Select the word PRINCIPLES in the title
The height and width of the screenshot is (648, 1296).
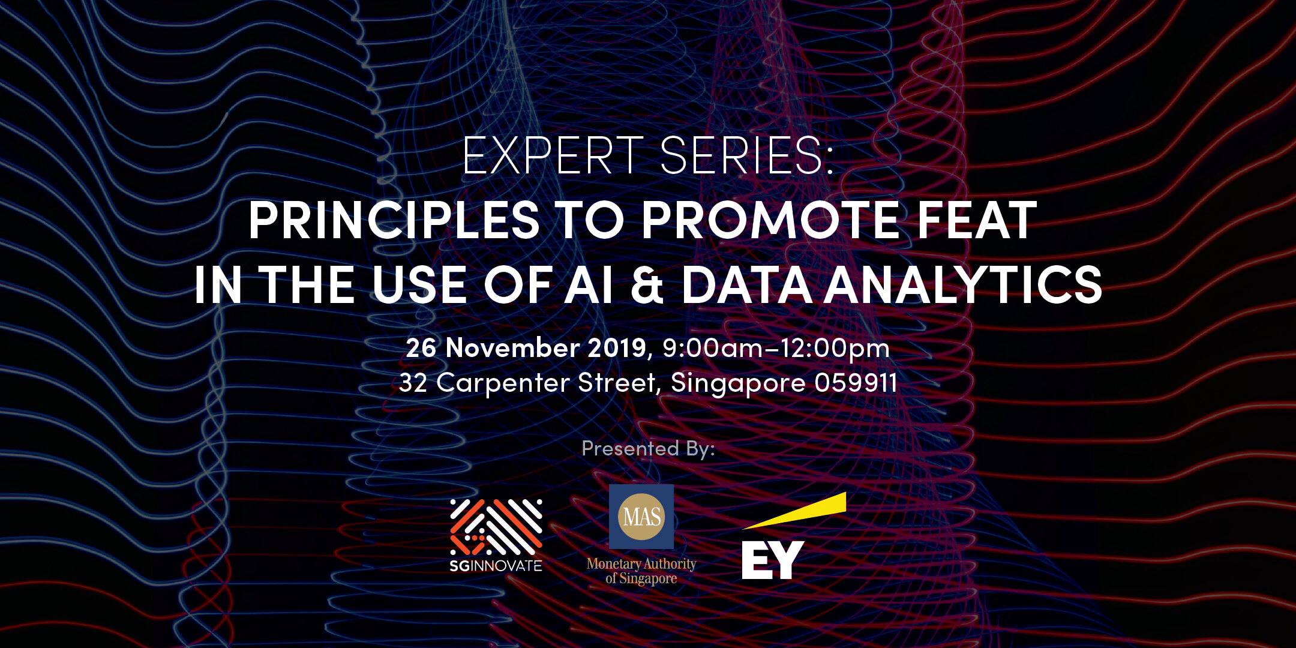click(x=394, y=220)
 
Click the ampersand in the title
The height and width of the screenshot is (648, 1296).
click(x=647, y=284)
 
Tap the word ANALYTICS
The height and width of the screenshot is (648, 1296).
click(x=964, y=284)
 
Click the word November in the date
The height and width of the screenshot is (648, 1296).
click(x=512, y=348)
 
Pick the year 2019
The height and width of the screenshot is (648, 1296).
click(x=617, y=348)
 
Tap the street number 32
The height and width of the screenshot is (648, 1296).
click(x=413, y=383)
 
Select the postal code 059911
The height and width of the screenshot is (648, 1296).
click(x=856, y=383)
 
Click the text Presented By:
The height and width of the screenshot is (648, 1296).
click(x=648, y=449)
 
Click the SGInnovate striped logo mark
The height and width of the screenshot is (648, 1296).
click(x=496, y=527)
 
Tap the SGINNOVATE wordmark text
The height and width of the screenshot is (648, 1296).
click(x=496, y=565)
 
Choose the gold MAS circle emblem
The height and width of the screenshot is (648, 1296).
click(x=641, y=517)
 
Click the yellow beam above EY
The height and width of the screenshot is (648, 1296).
click(x=794, y=511)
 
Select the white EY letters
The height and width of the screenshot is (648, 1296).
click(x=773, y=560)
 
